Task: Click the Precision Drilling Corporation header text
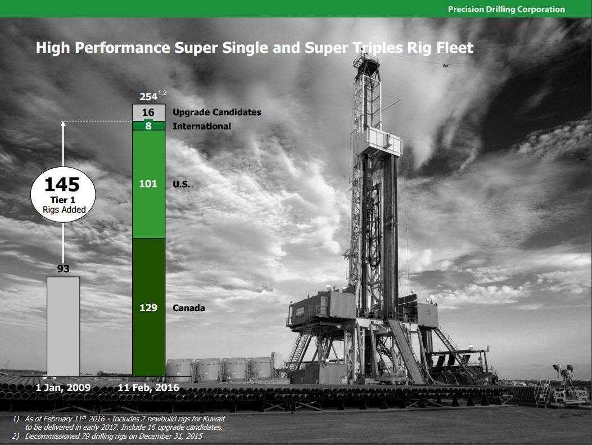[506, 9]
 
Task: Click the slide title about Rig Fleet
[254, 48]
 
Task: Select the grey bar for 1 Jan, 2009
[63, 326]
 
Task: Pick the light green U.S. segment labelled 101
[148, 184]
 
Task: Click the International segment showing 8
[148, 126]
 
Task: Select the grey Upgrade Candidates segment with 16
[148, 113]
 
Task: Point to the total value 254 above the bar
[148, 96]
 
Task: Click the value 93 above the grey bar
[64, 269]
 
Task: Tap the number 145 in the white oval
[63, 185]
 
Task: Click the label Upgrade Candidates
[217, 113]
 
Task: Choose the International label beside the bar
[202, 126]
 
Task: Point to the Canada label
[189, 308]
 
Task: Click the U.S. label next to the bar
[182, 184]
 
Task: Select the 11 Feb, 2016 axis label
[149, 388]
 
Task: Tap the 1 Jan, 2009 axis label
[63, 388]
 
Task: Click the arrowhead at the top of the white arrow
[63, 124]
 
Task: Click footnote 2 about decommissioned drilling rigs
[107, 436]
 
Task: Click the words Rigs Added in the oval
[64, 210]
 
